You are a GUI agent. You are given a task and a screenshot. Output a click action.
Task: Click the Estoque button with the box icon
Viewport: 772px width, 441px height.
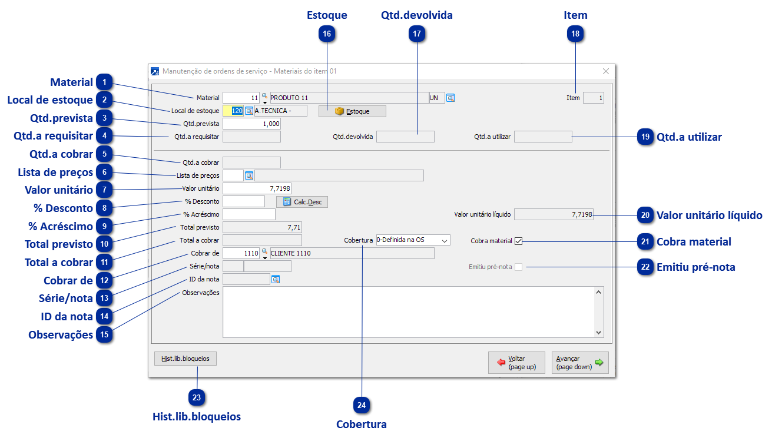pyautogui.click(x=352, y=111)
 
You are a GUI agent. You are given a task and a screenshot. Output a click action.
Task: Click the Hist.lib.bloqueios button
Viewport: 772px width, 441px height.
pyautogui.click(x=185, y=358)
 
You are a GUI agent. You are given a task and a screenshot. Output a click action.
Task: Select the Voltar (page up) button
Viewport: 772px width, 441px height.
pyautogui.click(x=516, y=363)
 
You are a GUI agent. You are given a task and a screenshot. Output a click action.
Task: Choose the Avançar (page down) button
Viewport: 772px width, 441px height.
pyautogui.click(x=580, y=363)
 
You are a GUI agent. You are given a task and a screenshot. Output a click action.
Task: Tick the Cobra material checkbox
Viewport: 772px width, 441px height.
pyautogui.click(x=518, y=241)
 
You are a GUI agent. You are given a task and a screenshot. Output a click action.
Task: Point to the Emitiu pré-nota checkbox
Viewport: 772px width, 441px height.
pyautogui.click(x=518, y=267)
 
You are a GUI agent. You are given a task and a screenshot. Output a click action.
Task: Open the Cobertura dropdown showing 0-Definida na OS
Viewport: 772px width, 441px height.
pyautogui.click(x=413, y=240)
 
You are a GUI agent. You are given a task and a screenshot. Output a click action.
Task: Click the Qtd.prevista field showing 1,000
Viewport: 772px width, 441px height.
pyautogui.click(x=251, y=124)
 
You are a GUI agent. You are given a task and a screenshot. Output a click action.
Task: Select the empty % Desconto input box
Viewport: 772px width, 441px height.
pyautogui.click(x=243, y=201)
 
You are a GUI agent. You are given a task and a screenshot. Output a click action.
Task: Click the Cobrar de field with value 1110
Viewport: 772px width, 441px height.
pyautogui.click(x=241, y=253)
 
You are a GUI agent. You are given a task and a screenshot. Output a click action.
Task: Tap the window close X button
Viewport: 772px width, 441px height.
pyautogui.click(x=606, y=71)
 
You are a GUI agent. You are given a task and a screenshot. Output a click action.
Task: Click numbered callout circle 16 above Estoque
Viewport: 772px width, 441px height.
pyautogui.click(x=327, y=34)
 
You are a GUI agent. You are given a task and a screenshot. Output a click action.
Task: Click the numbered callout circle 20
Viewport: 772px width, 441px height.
pyautogui.click(x=645, y=215)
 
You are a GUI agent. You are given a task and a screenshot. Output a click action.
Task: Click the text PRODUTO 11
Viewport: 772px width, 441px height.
pyautogui.click(x=289, y=98)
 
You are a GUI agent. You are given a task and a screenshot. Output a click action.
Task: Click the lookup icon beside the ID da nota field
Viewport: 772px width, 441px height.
pyautogui.click(x=276, y=280)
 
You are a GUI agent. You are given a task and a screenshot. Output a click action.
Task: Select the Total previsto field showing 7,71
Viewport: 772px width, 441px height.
pyautogui.click(x=262, y=227)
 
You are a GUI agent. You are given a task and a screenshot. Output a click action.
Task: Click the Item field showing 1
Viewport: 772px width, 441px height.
pyautogui.click(x=593, y=98)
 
